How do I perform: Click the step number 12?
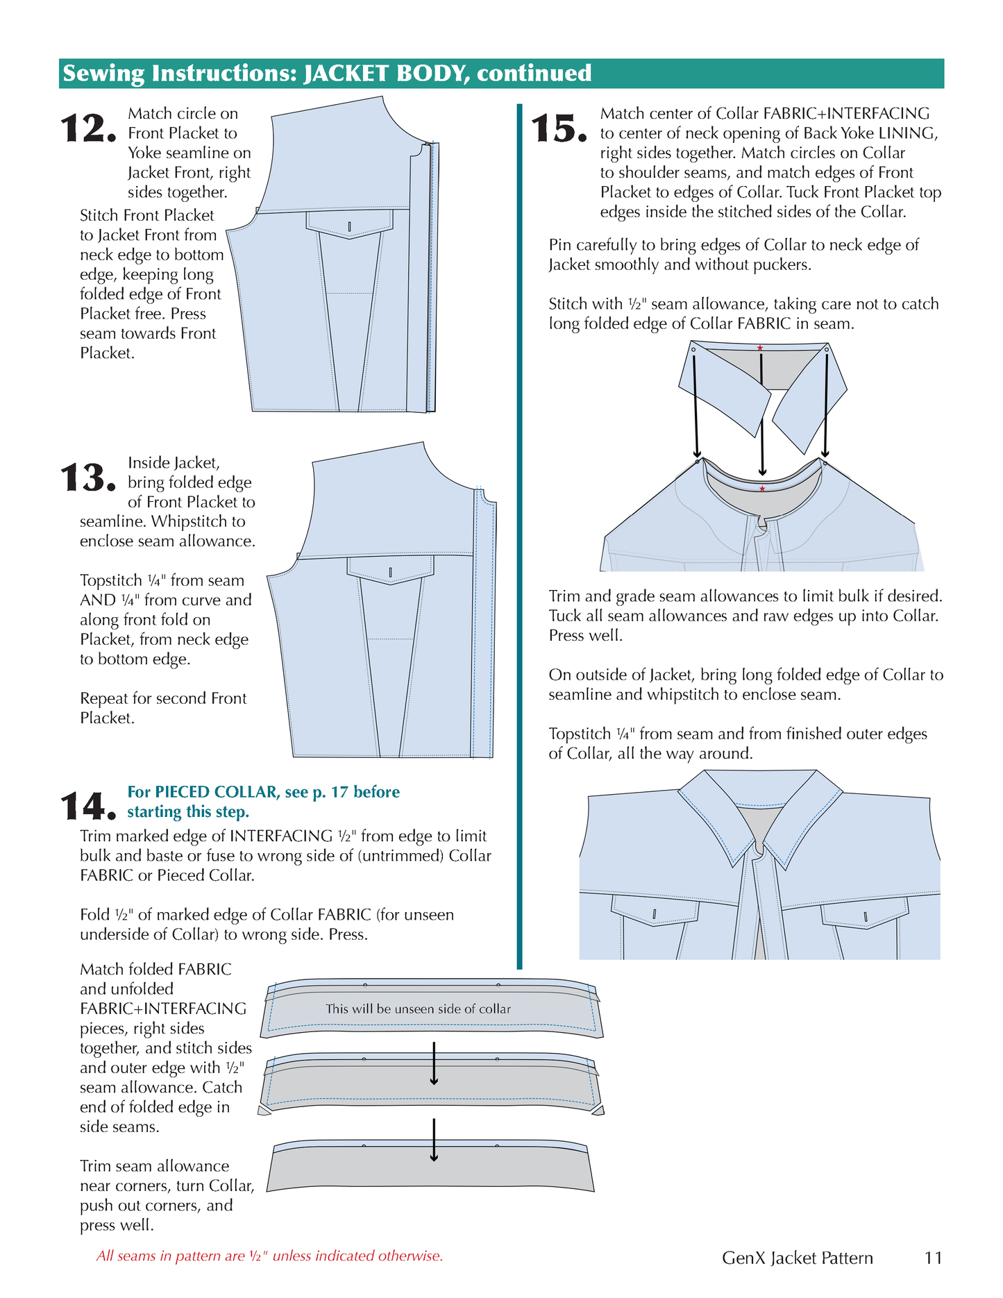(87, 129)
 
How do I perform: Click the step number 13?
(87, 478)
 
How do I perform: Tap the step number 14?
(87, 806)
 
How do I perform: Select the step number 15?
(559, 129)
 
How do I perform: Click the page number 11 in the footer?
(934, 1258)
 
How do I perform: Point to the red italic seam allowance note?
(269, 1256)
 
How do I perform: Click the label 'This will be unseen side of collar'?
(418, 1009)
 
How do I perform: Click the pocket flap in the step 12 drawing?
(349, 224)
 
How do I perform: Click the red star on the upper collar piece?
(760, 348)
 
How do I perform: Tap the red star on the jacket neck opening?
(762, 489)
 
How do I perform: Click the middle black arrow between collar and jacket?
(762, 416)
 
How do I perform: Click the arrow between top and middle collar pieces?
(434, 1063)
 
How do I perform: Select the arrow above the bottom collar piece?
(434, 1139)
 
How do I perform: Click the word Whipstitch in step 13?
(198, 521)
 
